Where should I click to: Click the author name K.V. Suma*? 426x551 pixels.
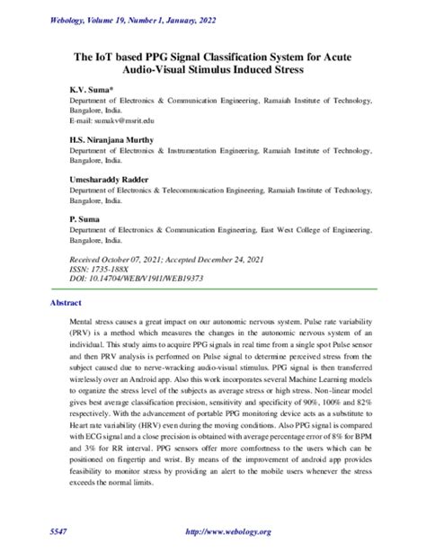87,92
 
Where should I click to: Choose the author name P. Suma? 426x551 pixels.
84,218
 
